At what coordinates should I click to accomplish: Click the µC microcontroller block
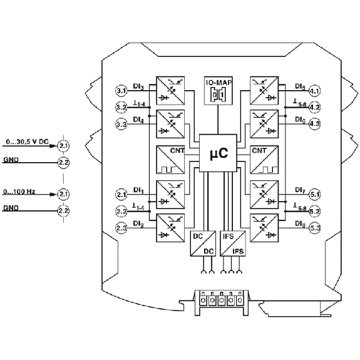pyautogui.click(x=218, y=153)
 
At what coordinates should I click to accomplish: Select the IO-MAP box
pyautogui.click(x=219, y=91)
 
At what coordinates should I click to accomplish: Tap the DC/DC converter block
pyautogui.click(x=203, y=244)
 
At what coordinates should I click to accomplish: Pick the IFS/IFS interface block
pyautogui.click(x=233, y=244)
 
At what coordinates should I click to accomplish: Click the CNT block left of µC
pyautogui.click(x=170, y=160)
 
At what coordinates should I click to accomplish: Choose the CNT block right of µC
pyautogui.click(x=264, y=160)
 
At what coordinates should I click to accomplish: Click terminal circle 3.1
pyautogui.click(x=121, y=91)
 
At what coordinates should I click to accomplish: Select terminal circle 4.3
pyautogui.click(x=314, y=124)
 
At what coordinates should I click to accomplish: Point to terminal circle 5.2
pyautogui.click(x=314, y=211)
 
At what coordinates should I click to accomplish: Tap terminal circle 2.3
pyautogui.click(x=121, y=228)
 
